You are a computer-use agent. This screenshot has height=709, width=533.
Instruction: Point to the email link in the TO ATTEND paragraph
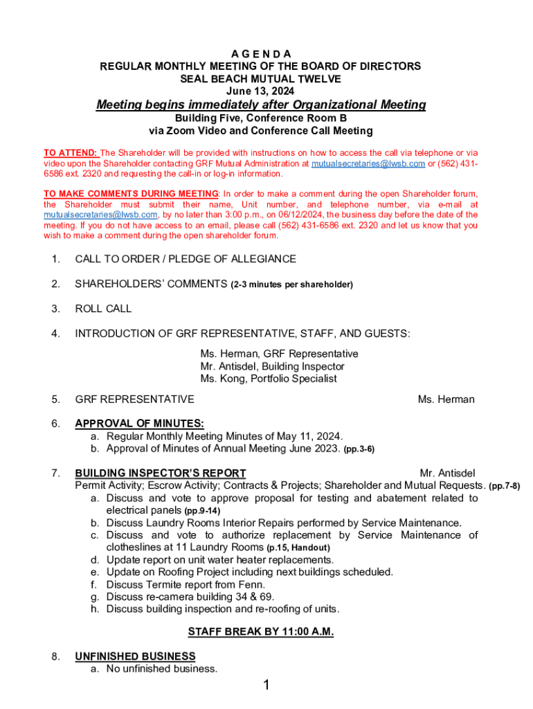(x=368, y=163)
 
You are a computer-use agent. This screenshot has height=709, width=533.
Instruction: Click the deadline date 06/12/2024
(x=300, y=215)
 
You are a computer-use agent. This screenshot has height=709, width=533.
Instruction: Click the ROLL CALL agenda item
(x=103, y=309)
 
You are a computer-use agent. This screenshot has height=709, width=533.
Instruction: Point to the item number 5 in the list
(x=55, y=400)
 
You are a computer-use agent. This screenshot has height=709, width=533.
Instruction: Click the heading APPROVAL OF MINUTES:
(x=139, y=424)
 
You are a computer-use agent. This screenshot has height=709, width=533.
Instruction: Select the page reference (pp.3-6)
(x=359, y=449)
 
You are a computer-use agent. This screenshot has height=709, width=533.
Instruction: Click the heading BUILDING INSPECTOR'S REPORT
(x=161, y=474)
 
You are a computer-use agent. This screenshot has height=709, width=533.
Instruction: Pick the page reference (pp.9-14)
(x=202, y=511)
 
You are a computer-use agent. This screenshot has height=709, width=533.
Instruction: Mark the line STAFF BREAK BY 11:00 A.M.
(x=261, y=632)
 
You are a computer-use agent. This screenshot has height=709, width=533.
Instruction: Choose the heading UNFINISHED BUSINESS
(x=135, y=656)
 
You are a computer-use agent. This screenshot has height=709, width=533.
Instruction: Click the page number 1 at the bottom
(x=266, y=686)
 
